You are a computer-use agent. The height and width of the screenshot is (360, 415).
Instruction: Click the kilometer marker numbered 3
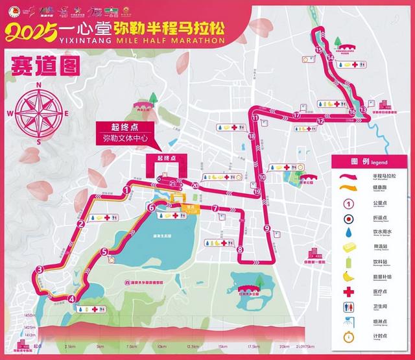coord(40,270)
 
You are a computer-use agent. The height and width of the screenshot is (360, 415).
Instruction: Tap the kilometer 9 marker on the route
coord(267,228)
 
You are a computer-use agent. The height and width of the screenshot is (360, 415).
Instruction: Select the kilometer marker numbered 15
coord(318,49)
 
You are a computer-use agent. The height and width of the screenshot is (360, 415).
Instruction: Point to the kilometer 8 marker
coord(239,249)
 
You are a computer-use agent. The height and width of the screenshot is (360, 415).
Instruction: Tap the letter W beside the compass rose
coord(11,112)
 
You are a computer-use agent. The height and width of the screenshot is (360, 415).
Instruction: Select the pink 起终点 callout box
coord(117,127)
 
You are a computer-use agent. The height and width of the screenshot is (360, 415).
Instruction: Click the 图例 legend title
coord(366,161)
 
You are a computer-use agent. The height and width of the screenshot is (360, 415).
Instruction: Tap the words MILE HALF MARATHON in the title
coord(171,40)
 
